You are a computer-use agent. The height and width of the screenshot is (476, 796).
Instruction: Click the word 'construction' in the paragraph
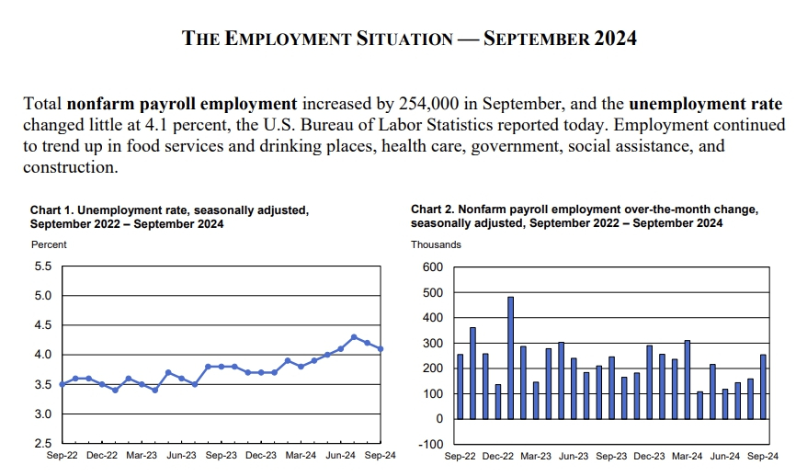[70, 167]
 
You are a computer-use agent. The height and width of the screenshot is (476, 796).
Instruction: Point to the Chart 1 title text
[169, 217]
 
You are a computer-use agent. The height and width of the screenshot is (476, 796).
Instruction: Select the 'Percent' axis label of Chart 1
[49, 244]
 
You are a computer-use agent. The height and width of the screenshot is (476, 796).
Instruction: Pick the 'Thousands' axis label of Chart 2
[436, 244]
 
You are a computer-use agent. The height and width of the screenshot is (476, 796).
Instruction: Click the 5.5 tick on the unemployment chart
[43, 266]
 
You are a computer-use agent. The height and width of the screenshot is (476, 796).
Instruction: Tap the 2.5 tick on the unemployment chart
[43, 444]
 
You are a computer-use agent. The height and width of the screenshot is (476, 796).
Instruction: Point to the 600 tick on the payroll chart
[433, 267]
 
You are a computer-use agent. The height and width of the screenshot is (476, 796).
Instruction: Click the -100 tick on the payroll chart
[431, 445]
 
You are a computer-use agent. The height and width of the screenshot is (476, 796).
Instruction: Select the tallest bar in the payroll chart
[510, 357]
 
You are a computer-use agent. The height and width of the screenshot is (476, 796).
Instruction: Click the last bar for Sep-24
[762, 387]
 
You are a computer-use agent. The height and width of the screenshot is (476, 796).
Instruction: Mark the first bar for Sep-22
[461, 387]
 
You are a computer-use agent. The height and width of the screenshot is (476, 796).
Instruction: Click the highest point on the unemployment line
[354, 337]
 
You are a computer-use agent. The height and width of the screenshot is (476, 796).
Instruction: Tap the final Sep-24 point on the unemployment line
[381, 349]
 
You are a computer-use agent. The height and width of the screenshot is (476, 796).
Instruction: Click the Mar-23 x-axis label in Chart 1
[142, 456]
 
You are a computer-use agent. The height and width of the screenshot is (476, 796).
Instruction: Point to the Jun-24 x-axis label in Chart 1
[342, 456]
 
